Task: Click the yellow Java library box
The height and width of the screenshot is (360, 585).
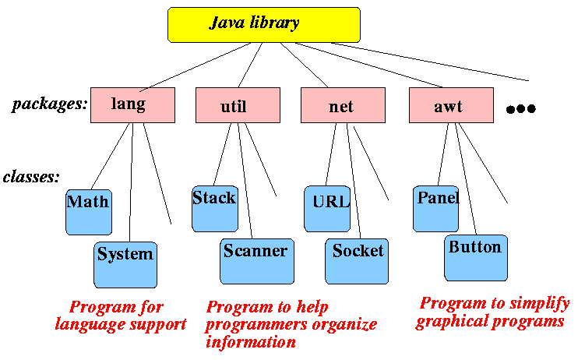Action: click(264, 24)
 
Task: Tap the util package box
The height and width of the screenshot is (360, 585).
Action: click(238, 105)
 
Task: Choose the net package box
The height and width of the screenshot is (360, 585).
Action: click(343, 105)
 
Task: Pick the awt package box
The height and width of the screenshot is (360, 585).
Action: click(450, 105)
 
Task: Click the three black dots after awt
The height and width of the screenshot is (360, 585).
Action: click(520, 109)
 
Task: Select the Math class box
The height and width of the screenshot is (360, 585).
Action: click(87, 211)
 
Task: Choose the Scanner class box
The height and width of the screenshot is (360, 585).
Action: click(256, 260)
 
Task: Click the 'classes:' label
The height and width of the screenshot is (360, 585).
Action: click(32, 177)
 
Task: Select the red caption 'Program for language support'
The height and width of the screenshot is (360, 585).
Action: click(120, 316)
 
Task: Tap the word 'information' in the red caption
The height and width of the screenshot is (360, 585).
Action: click(251, 341)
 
